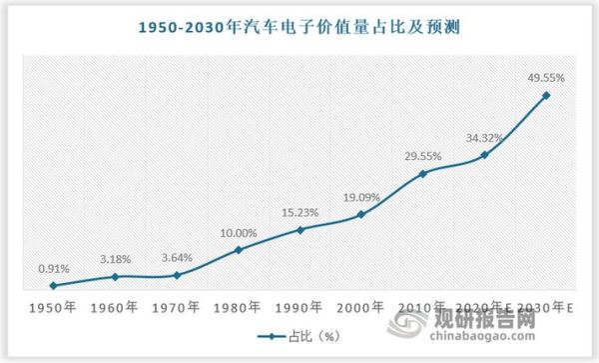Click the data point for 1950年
53,286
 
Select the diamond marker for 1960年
115,277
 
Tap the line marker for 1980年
238,249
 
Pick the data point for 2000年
360,215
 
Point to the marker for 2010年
422,174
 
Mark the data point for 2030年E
545,96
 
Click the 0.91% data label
54,268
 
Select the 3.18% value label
116,259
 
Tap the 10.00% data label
238,233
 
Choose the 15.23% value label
299,212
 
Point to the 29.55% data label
422,157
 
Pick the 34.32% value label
483,136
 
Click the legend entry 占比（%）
299,337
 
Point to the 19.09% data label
360,197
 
